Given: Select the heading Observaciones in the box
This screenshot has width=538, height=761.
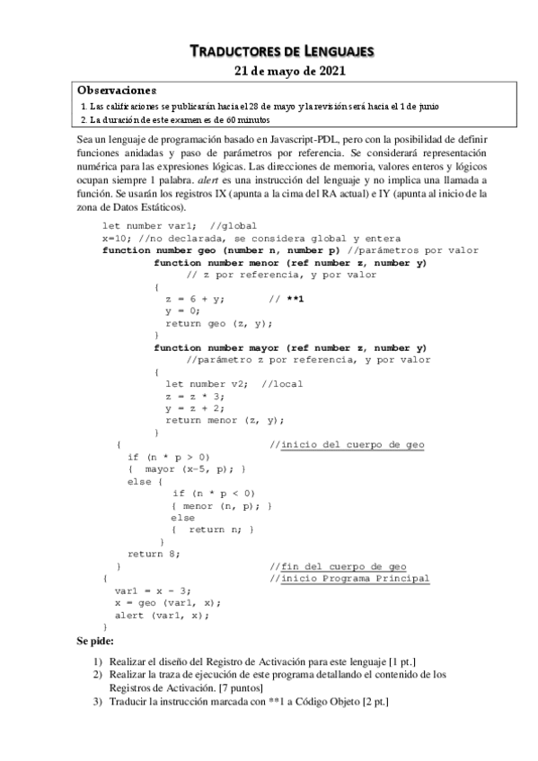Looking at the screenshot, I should (117, 90).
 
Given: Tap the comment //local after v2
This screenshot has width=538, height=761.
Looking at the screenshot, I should (282, 384).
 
